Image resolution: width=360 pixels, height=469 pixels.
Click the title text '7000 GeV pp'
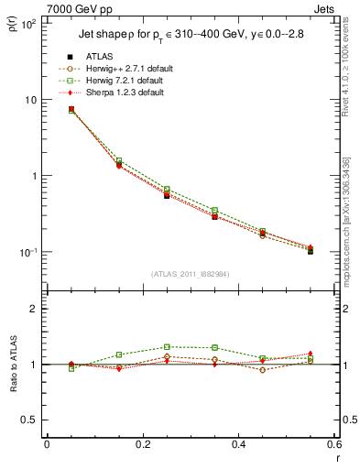point(75,10)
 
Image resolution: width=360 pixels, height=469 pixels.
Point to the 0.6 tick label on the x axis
point(333,444)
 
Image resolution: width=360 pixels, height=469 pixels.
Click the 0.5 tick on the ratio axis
point(30,420)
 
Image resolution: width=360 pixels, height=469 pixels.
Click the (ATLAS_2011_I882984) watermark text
point(191,273)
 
